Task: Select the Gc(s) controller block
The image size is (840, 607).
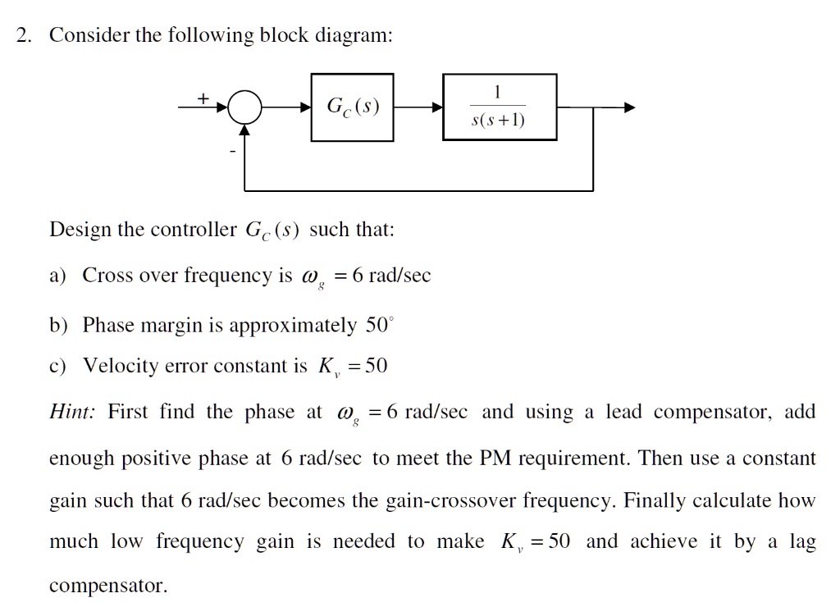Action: (352, 107)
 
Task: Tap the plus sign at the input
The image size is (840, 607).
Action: (202, 98)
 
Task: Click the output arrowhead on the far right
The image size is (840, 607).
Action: (628, 107)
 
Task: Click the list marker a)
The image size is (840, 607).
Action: (58, 276)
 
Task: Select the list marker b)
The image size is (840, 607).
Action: (58, 326)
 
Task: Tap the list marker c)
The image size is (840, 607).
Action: (58, 366)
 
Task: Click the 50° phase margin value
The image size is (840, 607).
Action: (379, 325)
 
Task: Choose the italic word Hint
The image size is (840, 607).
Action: (71, 412)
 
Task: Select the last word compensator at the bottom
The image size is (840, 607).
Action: (107, 586)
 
